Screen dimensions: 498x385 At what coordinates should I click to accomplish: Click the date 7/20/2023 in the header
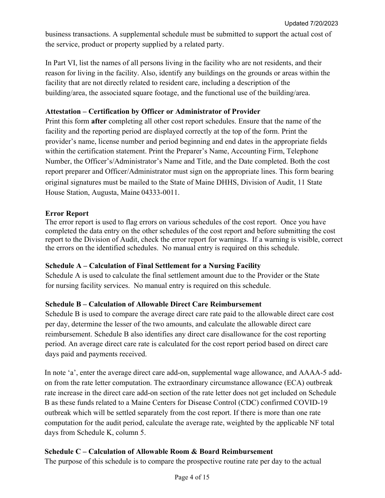tap(323, 23)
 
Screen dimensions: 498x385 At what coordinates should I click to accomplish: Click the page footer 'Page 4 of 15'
tap(192, 477)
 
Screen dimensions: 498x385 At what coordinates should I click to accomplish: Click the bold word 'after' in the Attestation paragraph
tap(99, 121)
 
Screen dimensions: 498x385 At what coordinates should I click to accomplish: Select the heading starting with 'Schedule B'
tap(153, 304)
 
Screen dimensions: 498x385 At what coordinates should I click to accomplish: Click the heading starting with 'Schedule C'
tap(158, 451)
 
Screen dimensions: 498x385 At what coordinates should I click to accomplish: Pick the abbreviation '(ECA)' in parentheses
tap(240, 383)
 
